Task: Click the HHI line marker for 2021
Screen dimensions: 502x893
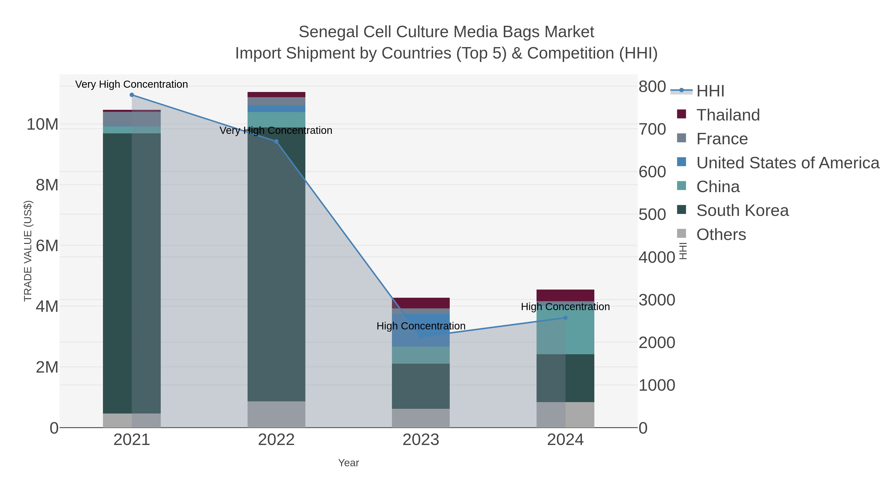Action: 132,95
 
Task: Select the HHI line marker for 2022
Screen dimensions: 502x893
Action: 276,141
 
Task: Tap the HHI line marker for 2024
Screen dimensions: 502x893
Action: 565,318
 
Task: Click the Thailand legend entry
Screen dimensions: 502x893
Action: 728,115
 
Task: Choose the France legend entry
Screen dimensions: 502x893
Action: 722,139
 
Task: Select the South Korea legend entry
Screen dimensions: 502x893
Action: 742,211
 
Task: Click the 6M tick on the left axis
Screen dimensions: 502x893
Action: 47,246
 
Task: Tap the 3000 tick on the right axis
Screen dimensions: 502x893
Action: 657,300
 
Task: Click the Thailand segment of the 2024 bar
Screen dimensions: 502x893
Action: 565,295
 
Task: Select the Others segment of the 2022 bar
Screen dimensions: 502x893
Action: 276,414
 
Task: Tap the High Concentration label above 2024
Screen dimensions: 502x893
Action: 565,307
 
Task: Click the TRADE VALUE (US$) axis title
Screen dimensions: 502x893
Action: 28,251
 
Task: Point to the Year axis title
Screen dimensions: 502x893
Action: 349,463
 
